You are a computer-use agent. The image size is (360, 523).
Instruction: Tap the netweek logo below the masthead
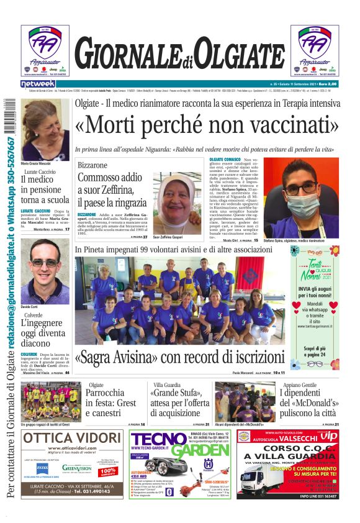pos(38,84)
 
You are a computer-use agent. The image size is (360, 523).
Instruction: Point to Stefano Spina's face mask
pos(302,205)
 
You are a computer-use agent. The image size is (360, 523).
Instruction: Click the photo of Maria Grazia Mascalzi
pos(45,129)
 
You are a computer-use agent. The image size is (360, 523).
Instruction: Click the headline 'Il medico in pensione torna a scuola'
pos(45,189)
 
